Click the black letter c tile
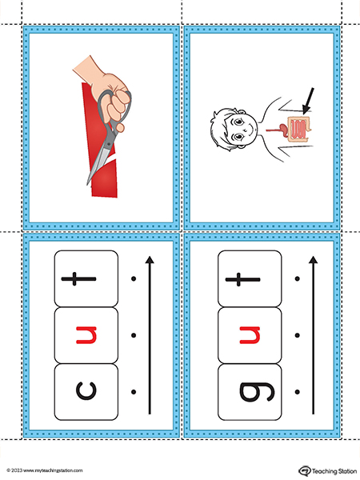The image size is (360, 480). coord(86,391)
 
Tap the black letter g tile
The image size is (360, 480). coord(250,392)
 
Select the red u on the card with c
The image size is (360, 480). coord(86,335)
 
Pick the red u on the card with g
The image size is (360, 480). coord(250,335)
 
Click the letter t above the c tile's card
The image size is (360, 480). coord(78,278)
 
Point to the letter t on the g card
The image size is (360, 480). coord(242,279)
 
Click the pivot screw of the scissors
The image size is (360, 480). coord(108,144)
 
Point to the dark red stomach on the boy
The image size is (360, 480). coord(283,129)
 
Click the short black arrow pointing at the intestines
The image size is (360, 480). coord(308,102)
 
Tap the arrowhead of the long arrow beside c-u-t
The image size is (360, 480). coord(150,260)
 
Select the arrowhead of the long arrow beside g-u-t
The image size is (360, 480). coord(313,260)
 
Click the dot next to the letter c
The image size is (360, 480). coord(134,392)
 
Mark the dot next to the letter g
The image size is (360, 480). coord(297,392)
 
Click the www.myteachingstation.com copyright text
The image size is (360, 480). coord(45,470)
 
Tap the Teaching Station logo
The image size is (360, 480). coord(327,471)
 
